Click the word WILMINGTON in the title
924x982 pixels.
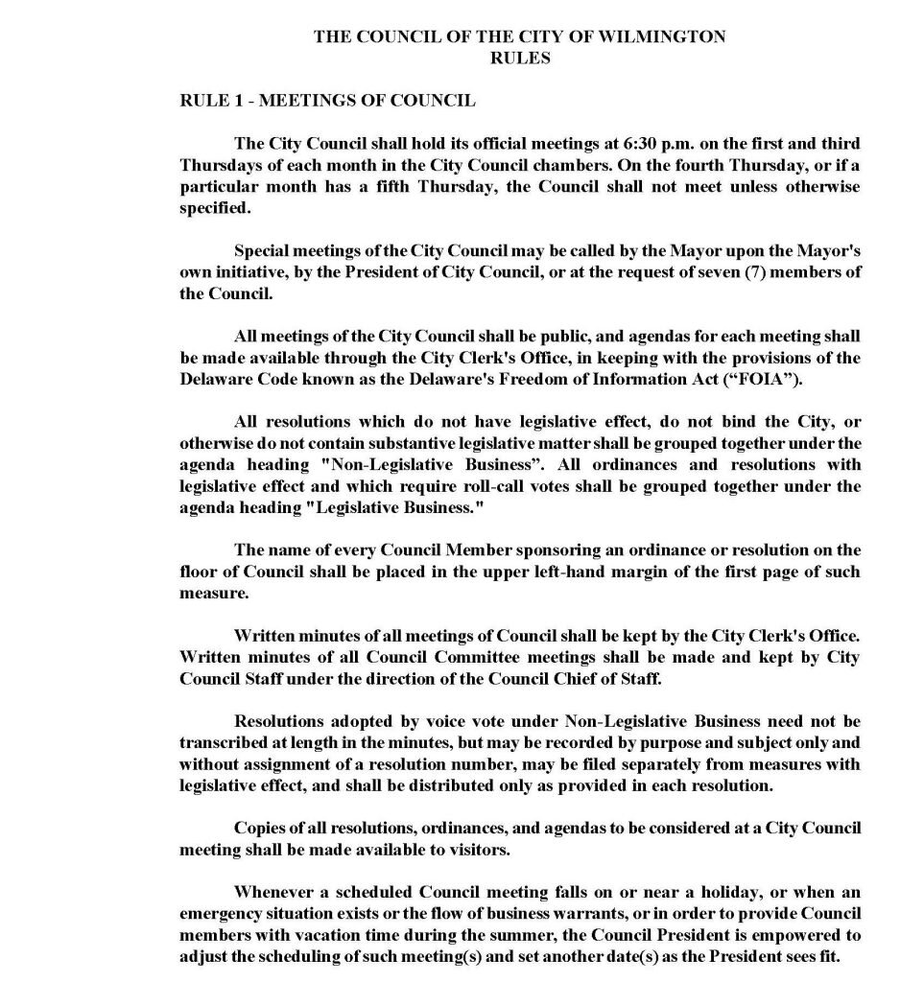670,37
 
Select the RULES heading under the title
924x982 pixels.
520,58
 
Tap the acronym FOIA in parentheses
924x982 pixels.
770,379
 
